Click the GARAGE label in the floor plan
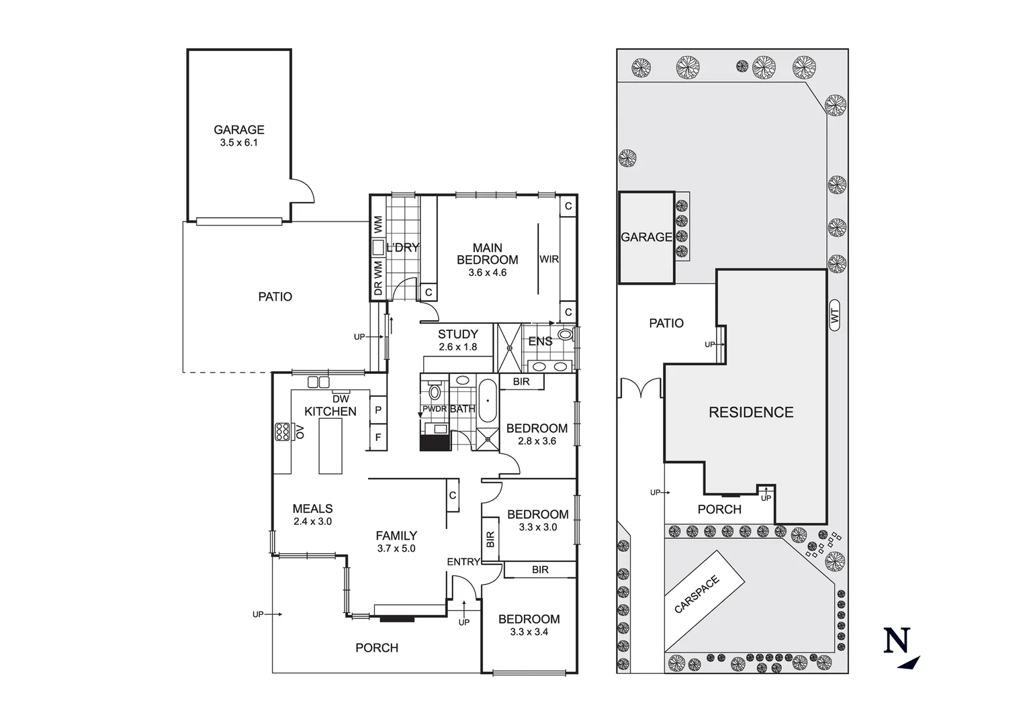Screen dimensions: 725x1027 click(x=238, y=130)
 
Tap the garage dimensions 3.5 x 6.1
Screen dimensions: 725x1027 click(x=238, y=143)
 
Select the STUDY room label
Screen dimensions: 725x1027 click(x=457, y=334)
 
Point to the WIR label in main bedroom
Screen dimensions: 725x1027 click(x=549, y=259)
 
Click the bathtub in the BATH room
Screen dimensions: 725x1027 click(x=487, y=401)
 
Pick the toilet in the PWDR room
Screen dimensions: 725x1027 click(x=435, y=392)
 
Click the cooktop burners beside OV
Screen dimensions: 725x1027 click(x=281, y=431)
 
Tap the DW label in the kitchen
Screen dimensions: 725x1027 click(x=341, y=399)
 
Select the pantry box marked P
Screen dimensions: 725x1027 click(x=378, y=410)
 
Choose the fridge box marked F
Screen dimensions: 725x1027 click(x=378, y=437)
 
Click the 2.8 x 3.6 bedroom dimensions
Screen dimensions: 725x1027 click(x=537, y=441)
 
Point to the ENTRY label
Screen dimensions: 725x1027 click(x=463, y=562)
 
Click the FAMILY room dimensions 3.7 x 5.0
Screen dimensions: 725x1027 click(x=396, y=548)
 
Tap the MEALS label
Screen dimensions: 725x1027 click(x=312, y=509)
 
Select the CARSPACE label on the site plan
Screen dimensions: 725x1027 click(x=697, y=594)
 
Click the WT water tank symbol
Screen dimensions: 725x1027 click(x=835, y=315)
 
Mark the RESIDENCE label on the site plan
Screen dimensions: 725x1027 click(x=751, y=412)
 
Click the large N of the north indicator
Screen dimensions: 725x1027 click(x=897, y=640)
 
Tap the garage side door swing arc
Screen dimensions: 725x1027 click(x=304, y=190)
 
